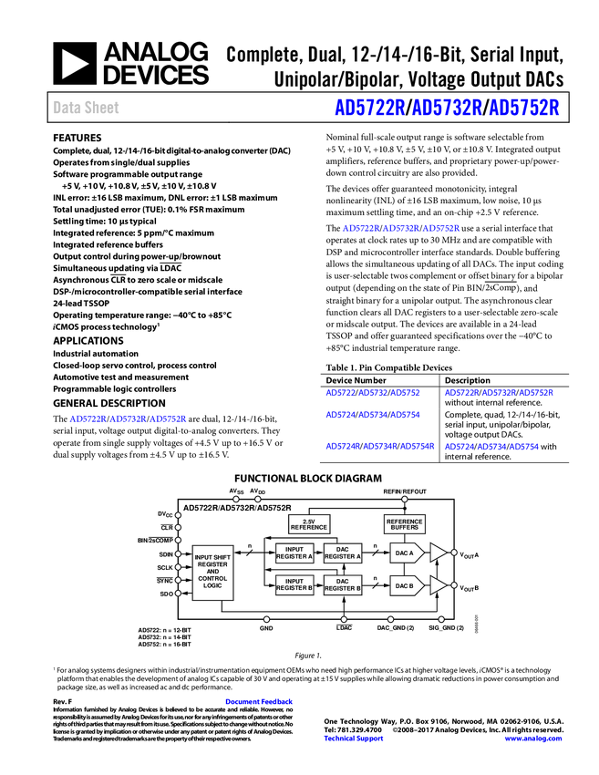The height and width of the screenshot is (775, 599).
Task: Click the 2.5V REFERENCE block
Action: (x=308, y=523)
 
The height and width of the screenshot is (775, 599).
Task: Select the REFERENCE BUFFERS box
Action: (x=405, y=523)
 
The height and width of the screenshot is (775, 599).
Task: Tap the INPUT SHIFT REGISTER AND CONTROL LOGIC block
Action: (x=212, y=573)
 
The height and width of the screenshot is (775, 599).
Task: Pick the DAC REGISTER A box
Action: (x=343, y=553)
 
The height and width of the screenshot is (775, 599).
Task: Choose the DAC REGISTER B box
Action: (x=343, y=584)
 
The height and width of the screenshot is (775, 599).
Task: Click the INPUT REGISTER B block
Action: (x=294, y=584)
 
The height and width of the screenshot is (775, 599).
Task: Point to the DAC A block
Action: (x=407, y=553)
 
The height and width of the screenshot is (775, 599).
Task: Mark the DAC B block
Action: (x=407, y=585)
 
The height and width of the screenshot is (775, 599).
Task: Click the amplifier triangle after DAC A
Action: (x=438, y=553)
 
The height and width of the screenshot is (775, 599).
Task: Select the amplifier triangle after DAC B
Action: (x=438, y=585)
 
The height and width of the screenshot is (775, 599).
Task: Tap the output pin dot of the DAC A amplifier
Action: (x=454, y=553)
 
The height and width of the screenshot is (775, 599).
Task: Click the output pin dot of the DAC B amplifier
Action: (x=454, y=585)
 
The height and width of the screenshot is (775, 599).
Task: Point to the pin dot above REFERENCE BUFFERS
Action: (x=405, y=499)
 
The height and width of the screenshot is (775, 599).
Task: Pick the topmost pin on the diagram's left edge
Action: (x=178, y=515)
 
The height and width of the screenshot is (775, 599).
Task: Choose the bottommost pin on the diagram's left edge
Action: (x=178, y=594)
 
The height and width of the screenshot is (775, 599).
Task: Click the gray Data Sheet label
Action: (x=87, y=108)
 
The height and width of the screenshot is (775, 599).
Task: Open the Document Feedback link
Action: (x=260, y=702)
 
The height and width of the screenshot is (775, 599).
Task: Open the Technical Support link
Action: (x=354, y=739)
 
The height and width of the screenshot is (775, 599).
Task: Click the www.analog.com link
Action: (x=533, y=739)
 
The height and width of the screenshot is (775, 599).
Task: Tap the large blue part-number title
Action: (x=447, y=108)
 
